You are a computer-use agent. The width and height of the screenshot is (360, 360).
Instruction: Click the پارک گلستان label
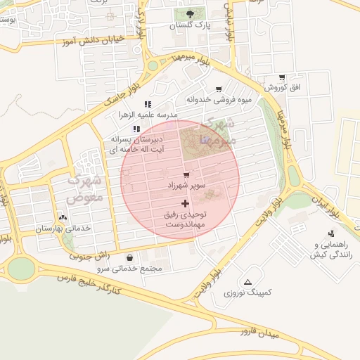point(191,25)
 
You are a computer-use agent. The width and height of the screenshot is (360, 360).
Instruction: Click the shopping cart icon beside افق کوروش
point(282,77)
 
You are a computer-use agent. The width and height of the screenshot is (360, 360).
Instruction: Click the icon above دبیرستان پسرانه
point(136,129)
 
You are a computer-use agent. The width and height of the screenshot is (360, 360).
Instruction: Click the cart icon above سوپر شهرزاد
point(186,175)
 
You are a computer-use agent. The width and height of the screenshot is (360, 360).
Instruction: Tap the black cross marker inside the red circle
point(185,202)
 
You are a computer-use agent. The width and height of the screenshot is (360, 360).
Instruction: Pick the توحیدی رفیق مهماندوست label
point(185,218)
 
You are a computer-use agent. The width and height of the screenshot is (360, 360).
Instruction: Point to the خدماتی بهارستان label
point(63,229)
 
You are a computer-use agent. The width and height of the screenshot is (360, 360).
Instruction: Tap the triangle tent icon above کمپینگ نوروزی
point(247,281)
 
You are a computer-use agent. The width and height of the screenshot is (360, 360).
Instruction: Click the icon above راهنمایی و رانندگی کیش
point(331,233)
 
